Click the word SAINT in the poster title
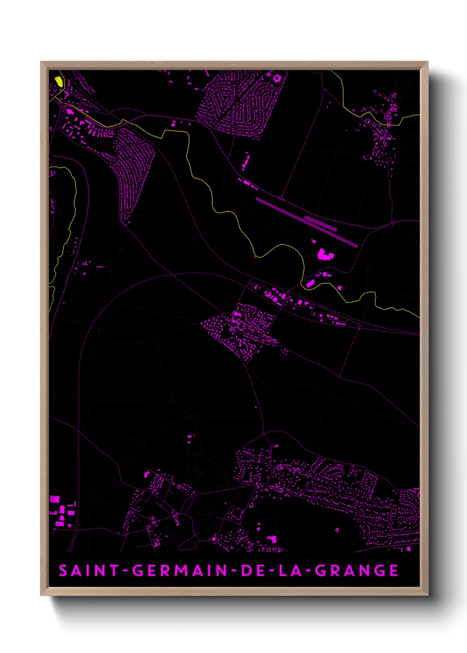coord(89,570)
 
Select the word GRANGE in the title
coord(357,570)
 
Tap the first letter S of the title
coord(63,570)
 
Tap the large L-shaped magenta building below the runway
coord(325,255)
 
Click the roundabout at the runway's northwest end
coord(281,199)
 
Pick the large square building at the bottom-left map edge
coord(54,499)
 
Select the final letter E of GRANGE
coord(394,570)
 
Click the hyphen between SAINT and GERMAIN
coord(125,571)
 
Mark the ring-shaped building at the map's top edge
coord(277,79)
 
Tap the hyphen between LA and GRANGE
coord(309,571)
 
